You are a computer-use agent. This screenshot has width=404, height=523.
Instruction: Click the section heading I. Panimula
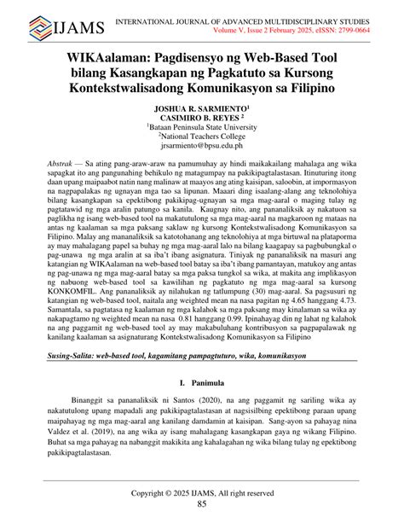202,386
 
